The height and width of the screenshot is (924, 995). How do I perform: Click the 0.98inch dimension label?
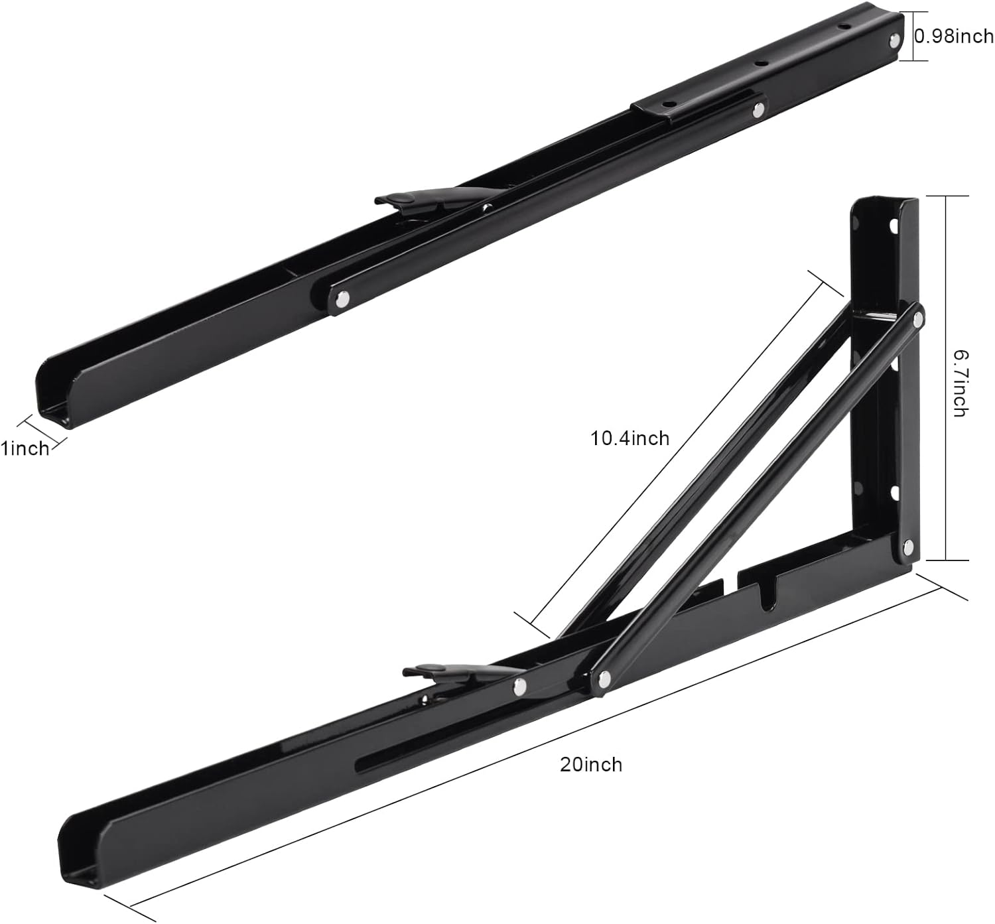click(x=954, y=36)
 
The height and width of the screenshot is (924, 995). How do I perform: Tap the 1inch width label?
click(x=25, y=448)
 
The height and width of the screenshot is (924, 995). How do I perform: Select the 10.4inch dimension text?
click(x=630, y=438)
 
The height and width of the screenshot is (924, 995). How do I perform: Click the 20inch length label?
click(x=591, y=764)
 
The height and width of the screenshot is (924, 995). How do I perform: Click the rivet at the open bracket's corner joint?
click(x=907, y=547)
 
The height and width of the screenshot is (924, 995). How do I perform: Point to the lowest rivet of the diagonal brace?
click(x=604, y=678)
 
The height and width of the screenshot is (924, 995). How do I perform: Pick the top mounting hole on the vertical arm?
click(x=892, y=227)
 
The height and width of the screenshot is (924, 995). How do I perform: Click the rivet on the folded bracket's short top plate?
click(x=756, y=110)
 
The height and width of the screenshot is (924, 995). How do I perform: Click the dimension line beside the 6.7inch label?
click(x=947, y=378)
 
